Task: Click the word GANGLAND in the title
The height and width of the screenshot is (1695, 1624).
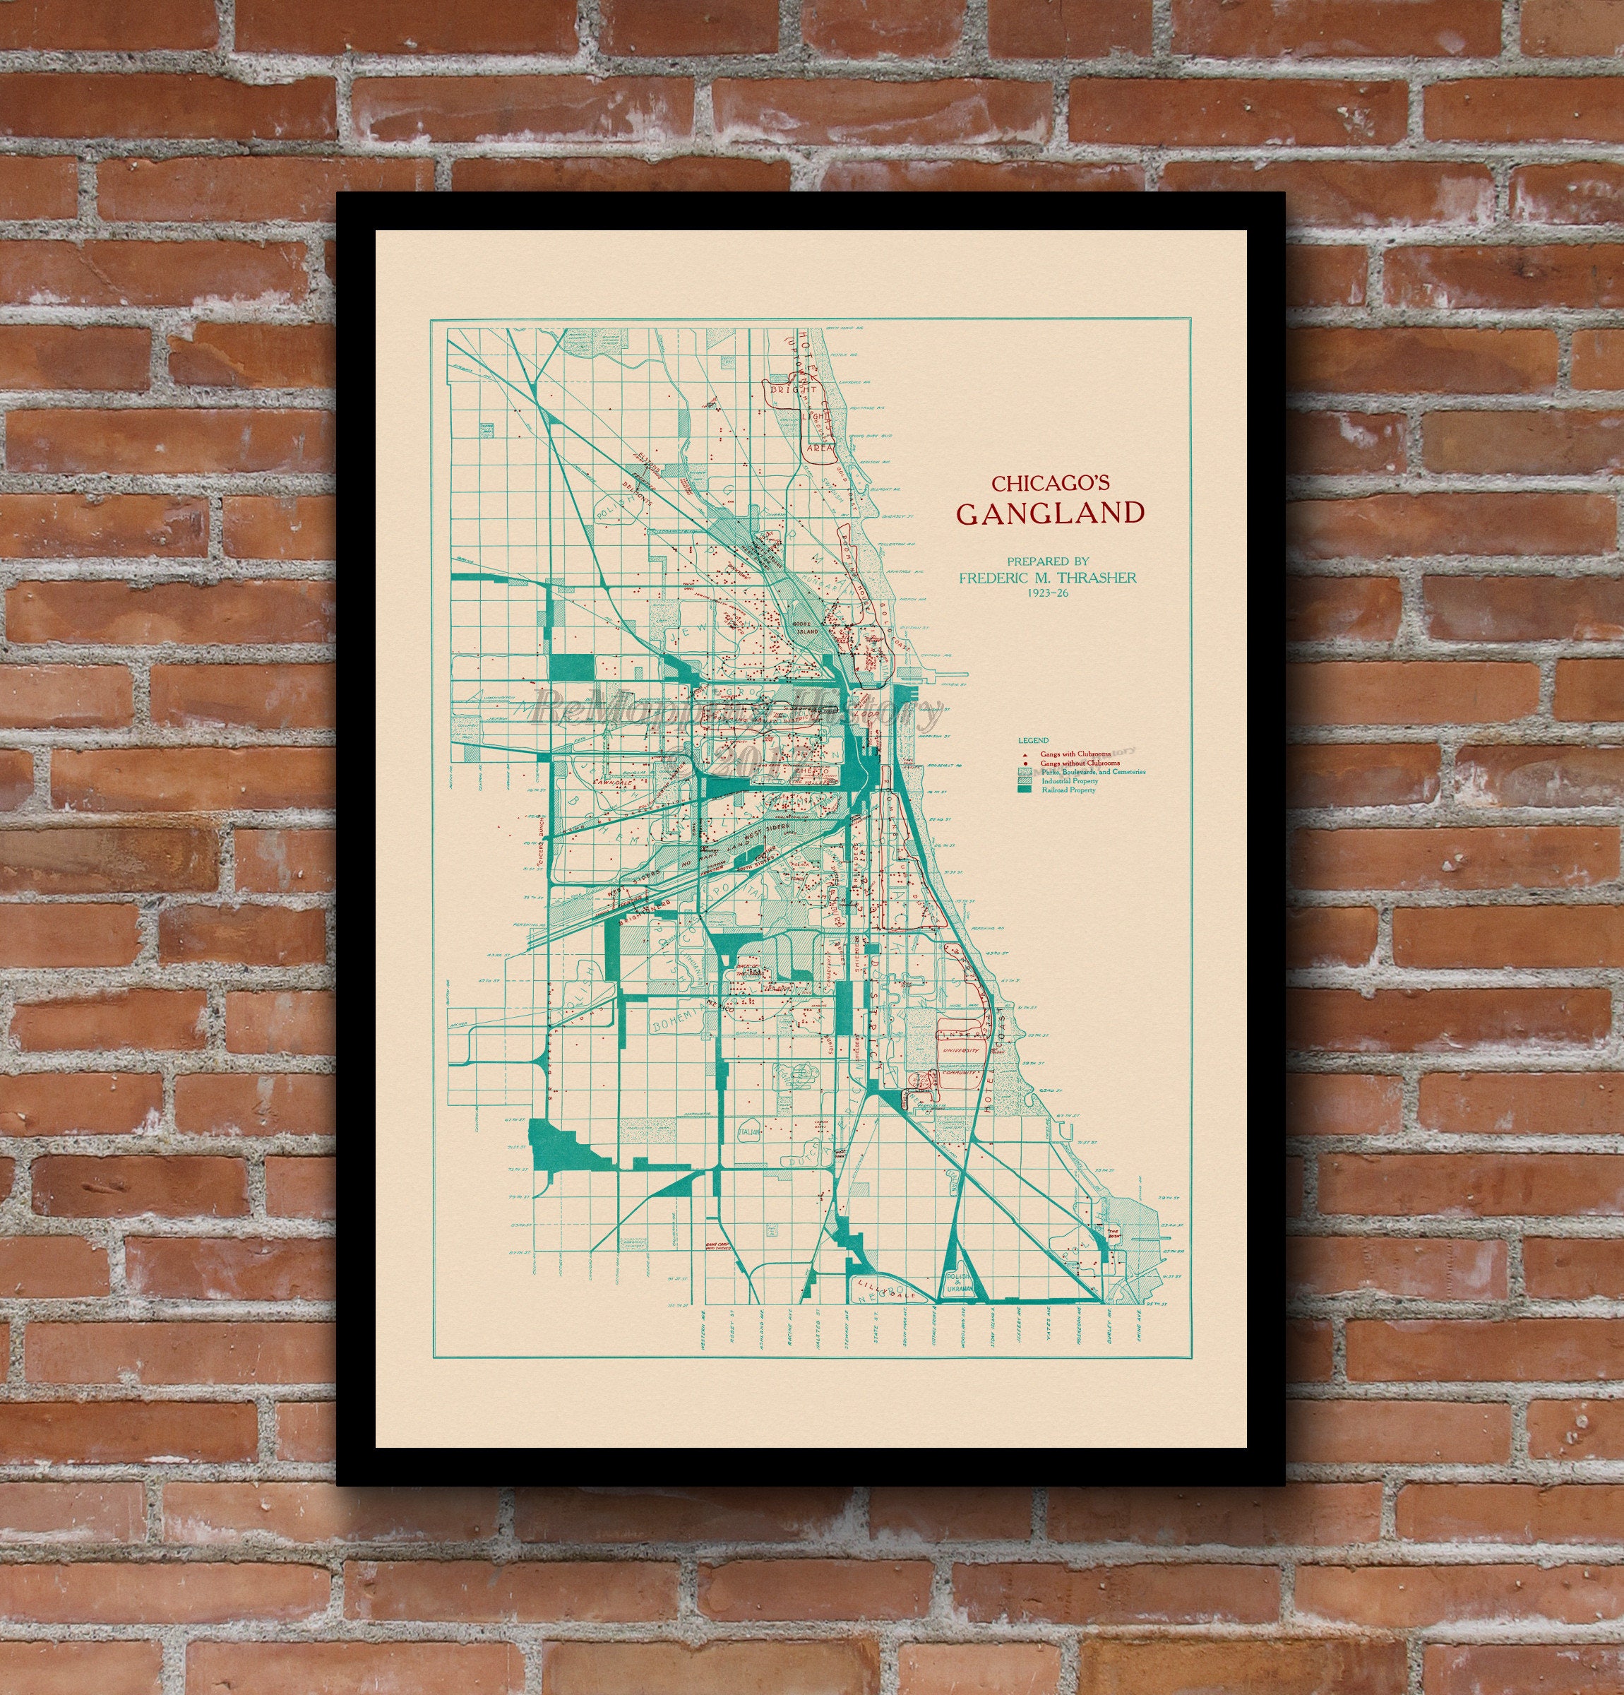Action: pos(1050,513)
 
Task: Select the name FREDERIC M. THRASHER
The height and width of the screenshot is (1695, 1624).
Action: pos(1047,577)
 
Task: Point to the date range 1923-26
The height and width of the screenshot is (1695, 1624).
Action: pos(1046,593)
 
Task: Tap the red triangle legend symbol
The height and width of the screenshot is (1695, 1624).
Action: pos(1025,754)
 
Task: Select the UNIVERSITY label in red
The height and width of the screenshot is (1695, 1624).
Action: pos(960,1051)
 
